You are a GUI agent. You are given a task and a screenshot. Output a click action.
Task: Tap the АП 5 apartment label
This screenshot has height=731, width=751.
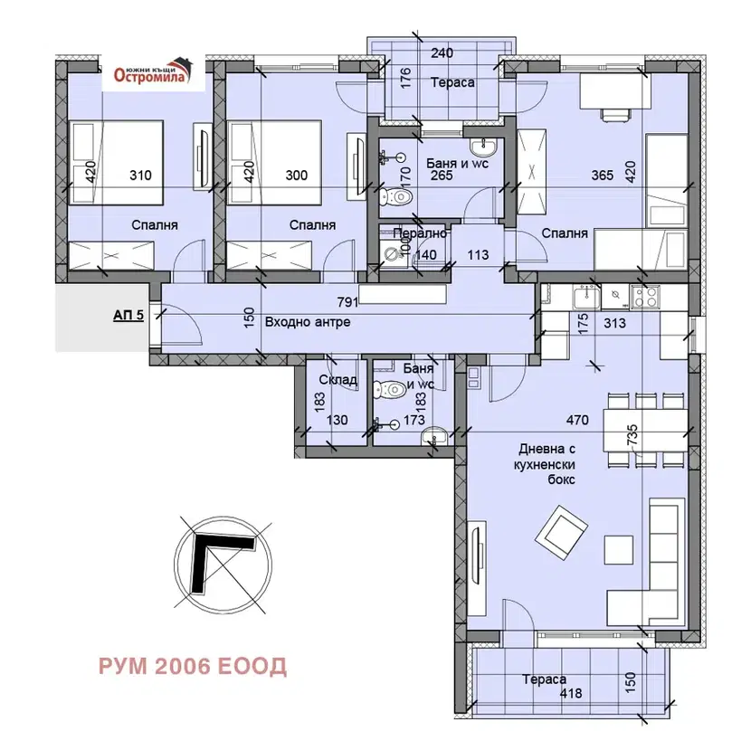click(x=128, y=316)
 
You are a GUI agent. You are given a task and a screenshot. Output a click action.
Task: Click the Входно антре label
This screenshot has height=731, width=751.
click(x=308, y=322)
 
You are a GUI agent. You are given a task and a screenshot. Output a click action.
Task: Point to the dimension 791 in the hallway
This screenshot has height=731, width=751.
click(x=347, y=302)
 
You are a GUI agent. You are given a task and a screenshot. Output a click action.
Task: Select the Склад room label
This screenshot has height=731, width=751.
click(x=337, y=380)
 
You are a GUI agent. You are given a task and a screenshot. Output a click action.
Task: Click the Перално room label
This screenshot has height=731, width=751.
click(x=420, y=233)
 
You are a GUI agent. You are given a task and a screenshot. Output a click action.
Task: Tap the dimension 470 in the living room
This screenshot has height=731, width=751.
click(x=577, y=420)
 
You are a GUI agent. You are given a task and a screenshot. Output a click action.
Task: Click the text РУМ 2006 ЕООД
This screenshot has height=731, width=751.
click(x=193, y=667)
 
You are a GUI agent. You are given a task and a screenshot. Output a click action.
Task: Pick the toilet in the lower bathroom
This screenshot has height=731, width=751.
click(x=390, y=388)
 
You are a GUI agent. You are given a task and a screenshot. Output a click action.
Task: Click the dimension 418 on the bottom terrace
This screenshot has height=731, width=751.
click(x=571, y=693)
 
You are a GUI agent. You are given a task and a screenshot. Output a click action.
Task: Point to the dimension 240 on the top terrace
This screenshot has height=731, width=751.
click(x=442, y=52)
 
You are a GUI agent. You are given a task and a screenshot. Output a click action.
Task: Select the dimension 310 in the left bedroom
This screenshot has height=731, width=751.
click(x=140, y=176)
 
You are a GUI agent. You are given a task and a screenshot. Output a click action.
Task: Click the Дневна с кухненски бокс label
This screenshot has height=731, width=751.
click(x=547, y=464)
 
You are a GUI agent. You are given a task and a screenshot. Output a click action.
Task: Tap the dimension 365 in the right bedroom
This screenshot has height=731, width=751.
click(x=602, y=176)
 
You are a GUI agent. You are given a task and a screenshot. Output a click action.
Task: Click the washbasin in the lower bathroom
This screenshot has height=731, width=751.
click(x=434, y=436)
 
